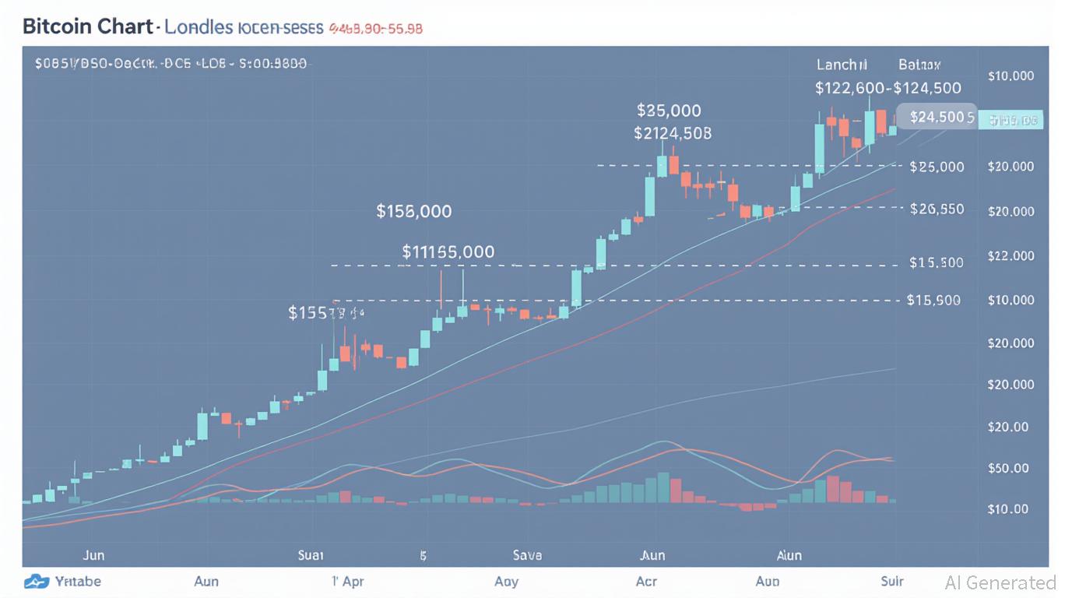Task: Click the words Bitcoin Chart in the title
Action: tap(87, 26)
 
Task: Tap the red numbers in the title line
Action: tap(376, 28)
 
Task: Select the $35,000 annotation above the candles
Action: tap(668, 110)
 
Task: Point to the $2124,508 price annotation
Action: tap(672, 133)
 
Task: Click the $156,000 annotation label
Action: tap(413, 211)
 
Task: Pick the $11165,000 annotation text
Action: tap(448, 252)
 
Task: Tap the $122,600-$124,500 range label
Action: tap(887, 88)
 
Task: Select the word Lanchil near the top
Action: tap(842, 65)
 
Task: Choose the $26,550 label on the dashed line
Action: tap(937, 209)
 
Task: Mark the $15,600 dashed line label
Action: tap(933, 300)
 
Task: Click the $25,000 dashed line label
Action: tap(937, 167)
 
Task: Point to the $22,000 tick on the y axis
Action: tap(1011, 255)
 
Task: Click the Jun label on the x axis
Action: tap(93, 556)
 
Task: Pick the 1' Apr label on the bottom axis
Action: tap(348, 581)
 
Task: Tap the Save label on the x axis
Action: tap(527, 556)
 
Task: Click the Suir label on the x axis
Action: tap(891, 581)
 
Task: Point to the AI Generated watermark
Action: tap(1000, 582)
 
